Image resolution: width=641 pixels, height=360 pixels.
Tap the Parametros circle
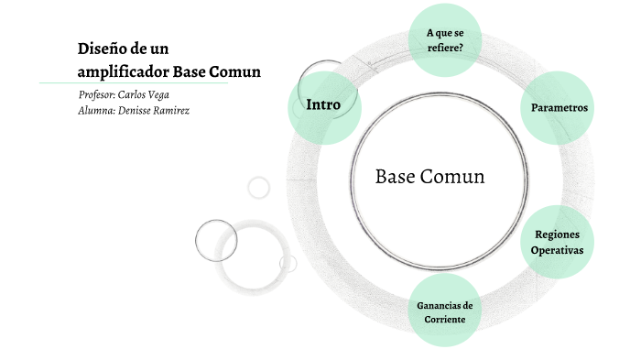click(559, 108)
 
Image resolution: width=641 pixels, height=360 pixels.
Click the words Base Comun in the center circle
click(429, 177)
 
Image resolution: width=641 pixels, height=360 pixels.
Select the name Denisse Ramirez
click(158, 110)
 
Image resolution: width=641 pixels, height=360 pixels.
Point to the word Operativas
click(558, 250)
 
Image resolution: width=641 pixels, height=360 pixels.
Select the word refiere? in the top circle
click(444, 48)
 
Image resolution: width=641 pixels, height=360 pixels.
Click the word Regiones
click(558, 235)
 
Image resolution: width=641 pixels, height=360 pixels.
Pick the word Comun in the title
click(236, 71)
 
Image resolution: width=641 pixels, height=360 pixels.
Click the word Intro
click(323, 104)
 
